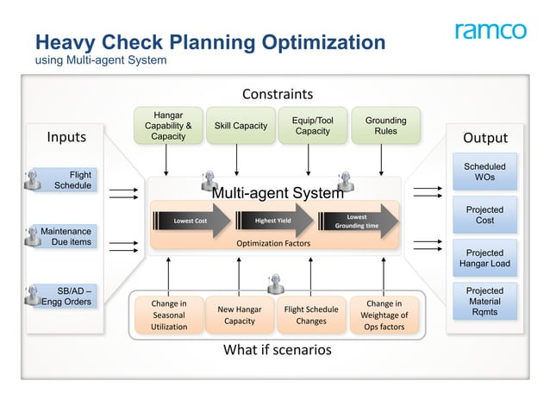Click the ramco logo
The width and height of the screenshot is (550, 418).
tap(490, 32)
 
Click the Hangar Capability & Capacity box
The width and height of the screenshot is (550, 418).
tap(167, 126)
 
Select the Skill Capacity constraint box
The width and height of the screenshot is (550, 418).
tap(241, 126)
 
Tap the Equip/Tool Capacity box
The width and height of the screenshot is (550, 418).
tap(312, 126)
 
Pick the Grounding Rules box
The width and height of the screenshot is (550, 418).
tap(385, 126)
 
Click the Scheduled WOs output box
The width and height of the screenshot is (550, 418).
tap(484, 172)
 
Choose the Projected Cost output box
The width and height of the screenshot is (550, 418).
tap(484, 215)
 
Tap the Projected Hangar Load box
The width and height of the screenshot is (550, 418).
tap(484, 259)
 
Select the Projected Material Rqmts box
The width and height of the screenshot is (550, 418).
tap(484, 302)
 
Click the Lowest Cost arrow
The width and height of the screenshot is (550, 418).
tap(192, 221)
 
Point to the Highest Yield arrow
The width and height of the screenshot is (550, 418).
tap(274, 221)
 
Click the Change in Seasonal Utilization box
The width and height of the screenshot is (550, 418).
tap(169, 315)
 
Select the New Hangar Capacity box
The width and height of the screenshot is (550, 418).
tap(240, 315)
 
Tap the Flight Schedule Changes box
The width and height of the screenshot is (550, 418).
tap(310, 315)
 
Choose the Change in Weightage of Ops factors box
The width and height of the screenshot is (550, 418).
tap(384, 315)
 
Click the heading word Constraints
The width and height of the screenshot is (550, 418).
tap(277, 94)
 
